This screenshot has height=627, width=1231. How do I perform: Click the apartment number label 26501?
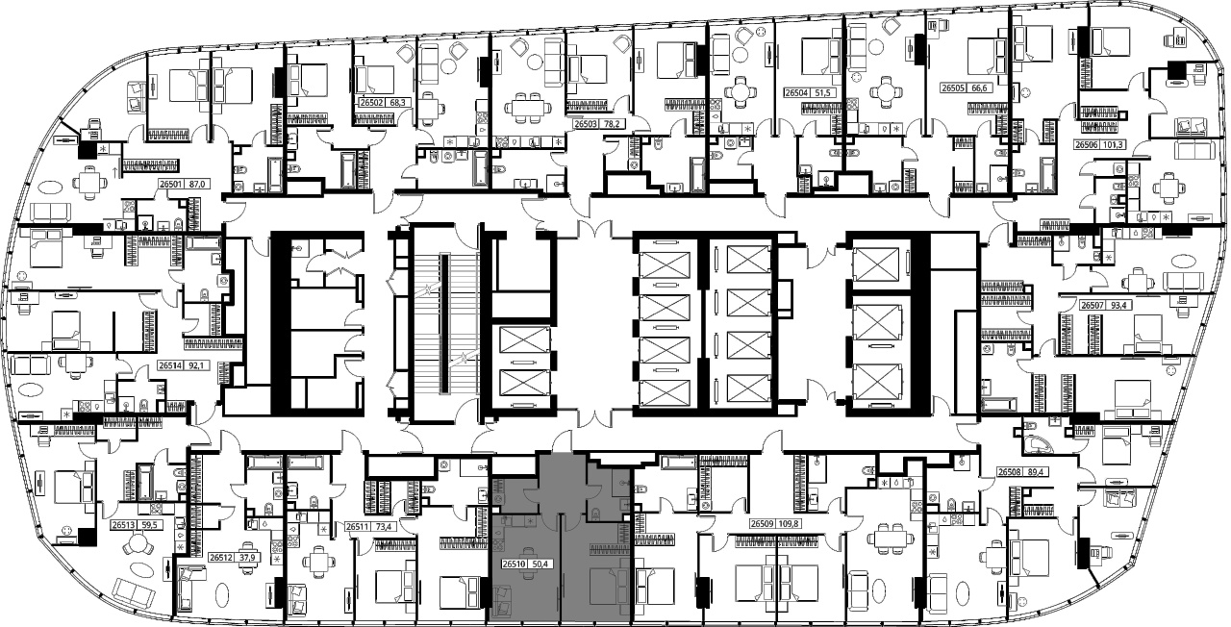[x=171, y=185]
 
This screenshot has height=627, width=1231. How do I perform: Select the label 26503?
[x=587, y=124]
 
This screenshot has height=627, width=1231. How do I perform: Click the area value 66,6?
[x=982, y=88]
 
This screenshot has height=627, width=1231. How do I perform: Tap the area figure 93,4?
[x=1121, y=305]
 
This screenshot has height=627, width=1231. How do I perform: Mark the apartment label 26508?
[x=1010, y=471]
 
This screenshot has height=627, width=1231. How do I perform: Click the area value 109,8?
[x=790, y=524]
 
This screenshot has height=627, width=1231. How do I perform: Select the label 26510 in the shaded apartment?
[x=514, y=564]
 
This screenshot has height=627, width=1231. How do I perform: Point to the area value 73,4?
[x=383, y=526]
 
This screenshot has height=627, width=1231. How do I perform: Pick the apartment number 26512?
[x=221, y=558]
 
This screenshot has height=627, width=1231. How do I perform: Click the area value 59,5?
[x=148, y=525]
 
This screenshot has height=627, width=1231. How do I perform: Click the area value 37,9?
[x=249, y=558]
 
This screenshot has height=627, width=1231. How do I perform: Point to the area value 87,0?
[x=196, y=185]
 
